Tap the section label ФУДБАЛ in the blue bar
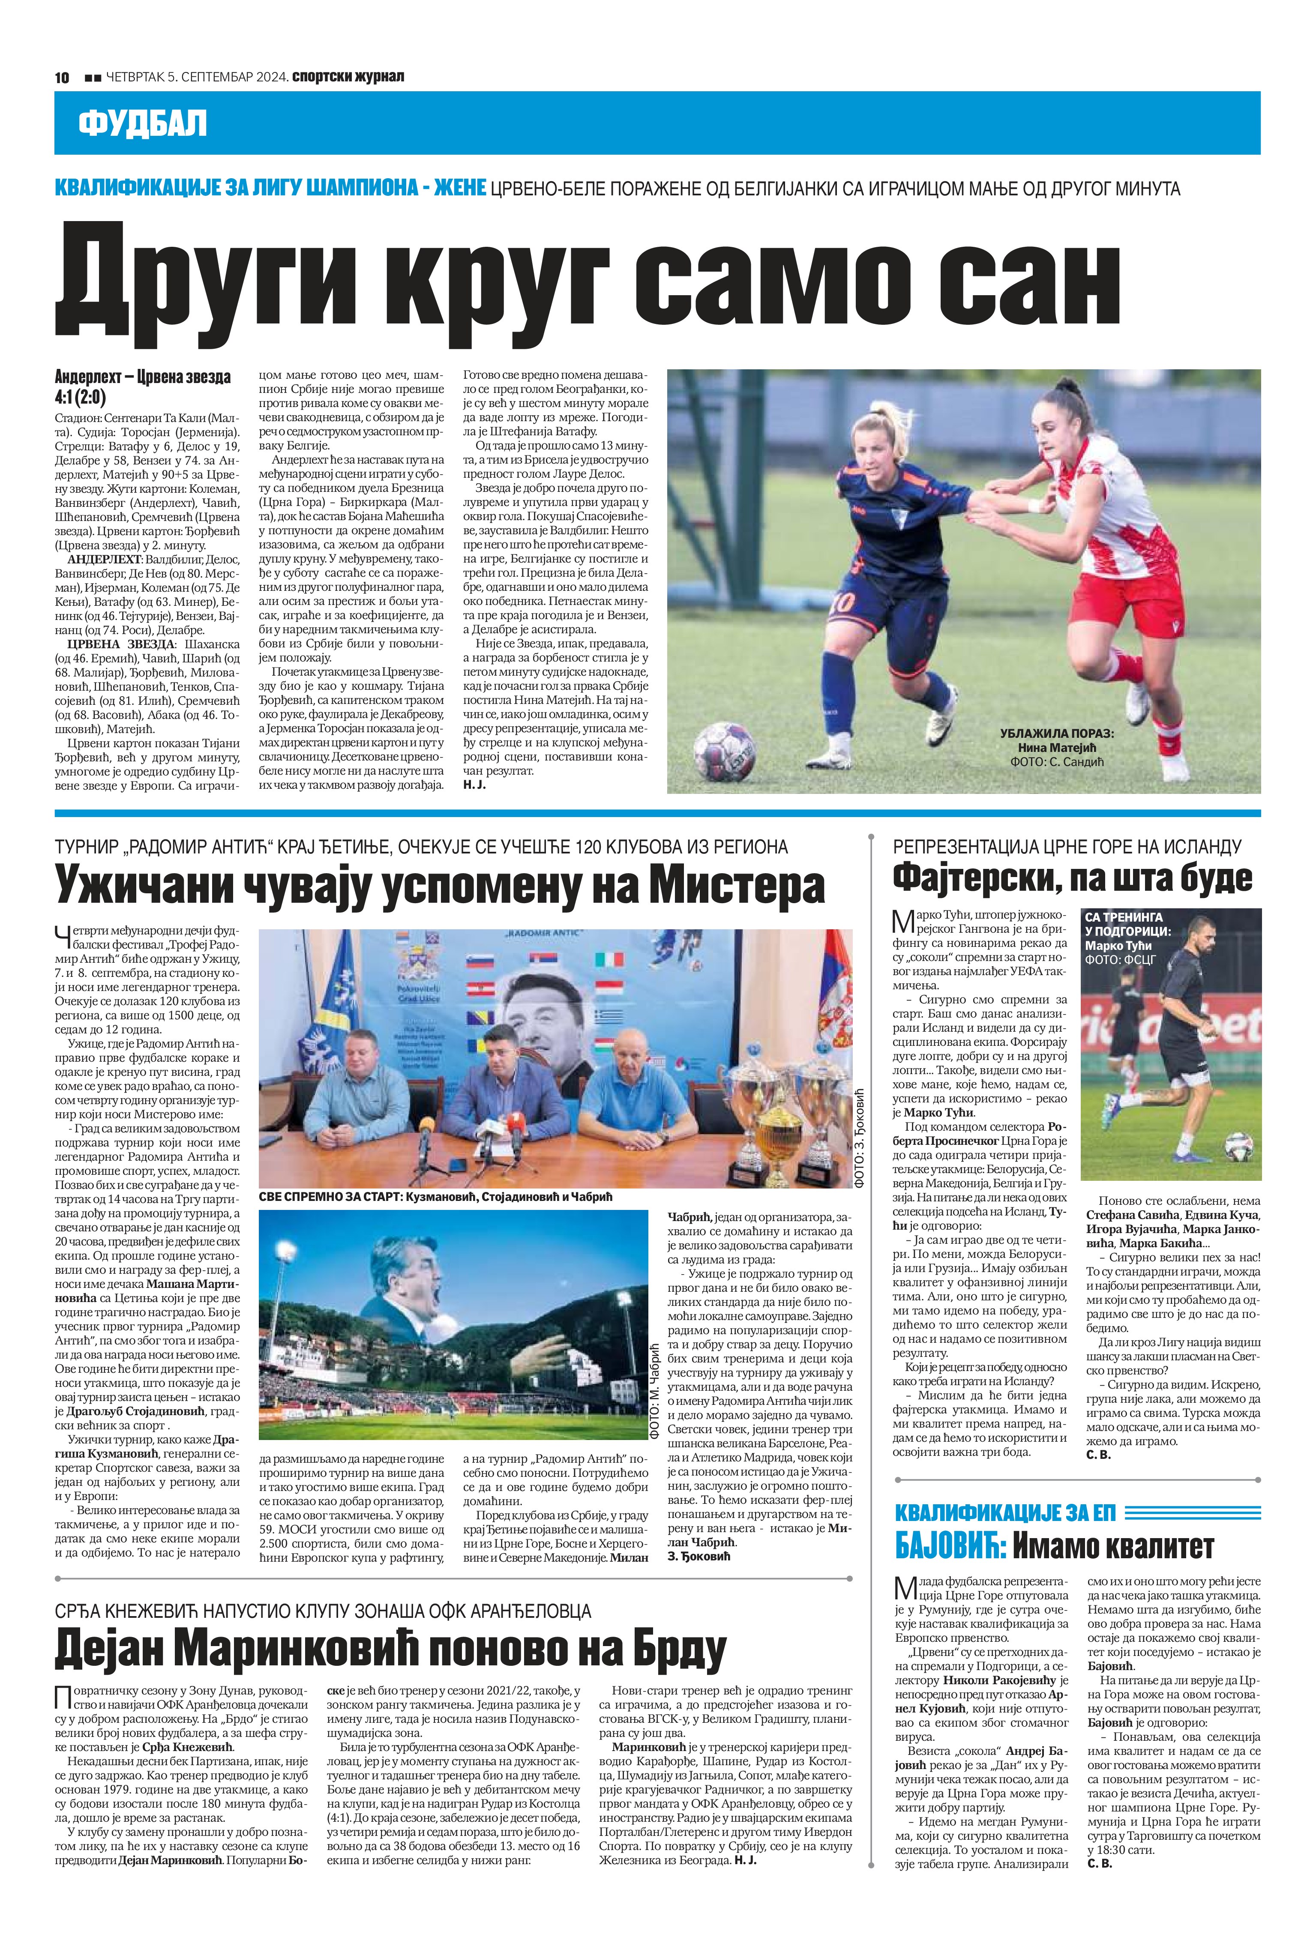point(142,123)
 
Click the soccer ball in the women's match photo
point(724,744)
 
